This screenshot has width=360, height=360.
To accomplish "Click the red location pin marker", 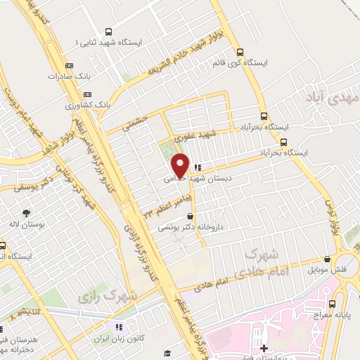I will [x=180, y=165].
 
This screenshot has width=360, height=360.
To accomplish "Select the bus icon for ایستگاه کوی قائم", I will [x=240, y=52].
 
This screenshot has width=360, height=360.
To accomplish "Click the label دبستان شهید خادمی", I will [x=211, y=179].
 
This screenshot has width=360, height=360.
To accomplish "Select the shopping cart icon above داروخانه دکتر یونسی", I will [x=191, y=217].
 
